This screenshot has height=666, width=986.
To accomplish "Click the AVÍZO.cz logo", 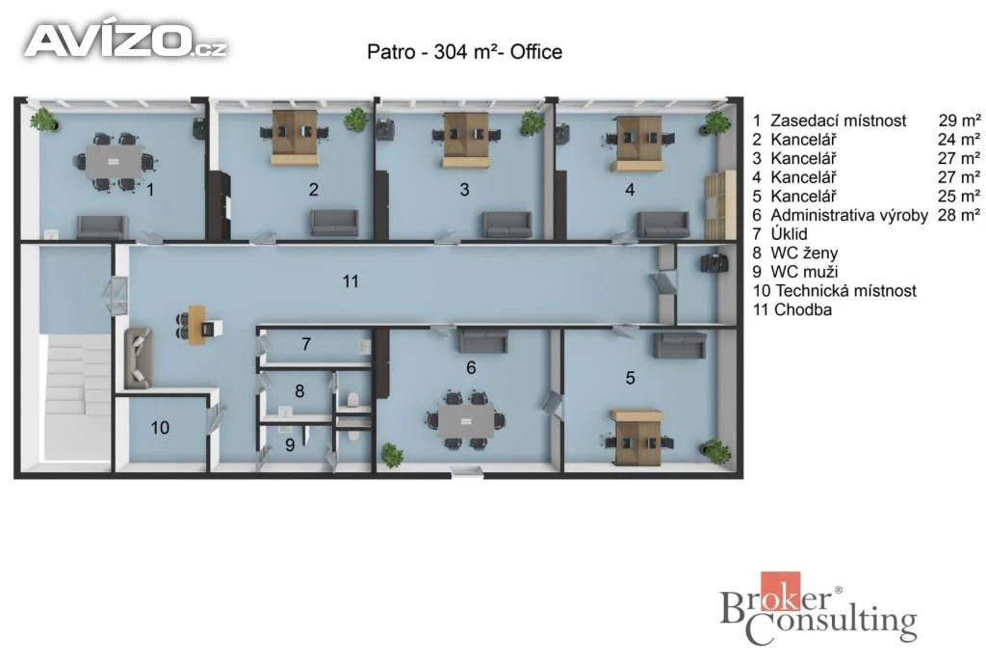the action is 126,40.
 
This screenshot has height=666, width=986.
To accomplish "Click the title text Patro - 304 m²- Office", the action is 465,52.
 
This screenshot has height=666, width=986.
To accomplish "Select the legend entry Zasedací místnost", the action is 839,120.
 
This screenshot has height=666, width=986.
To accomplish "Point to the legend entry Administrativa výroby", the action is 849,215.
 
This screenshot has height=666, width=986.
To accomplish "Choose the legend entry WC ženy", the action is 804,253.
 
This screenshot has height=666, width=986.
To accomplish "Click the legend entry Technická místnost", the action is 845,291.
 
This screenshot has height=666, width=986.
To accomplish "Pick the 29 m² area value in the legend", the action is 959,120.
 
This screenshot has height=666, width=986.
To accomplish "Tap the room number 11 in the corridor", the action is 350,281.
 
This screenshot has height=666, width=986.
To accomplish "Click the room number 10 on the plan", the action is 160,428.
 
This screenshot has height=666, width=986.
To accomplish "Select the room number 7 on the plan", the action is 306,344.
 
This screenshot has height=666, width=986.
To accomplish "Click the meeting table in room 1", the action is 114,162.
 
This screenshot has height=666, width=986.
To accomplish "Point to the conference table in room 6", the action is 466,421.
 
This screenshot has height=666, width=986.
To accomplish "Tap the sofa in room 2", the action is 334,223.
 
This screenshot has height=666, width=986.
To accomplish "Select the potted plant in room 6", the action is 391,455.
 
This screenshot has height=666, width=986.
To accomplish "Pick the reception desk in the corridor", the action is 197,324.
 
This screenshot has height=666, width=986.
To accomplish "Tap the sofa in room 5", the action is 680,346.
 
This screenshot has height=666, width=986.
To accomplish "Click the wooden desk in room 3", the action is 466,141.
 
